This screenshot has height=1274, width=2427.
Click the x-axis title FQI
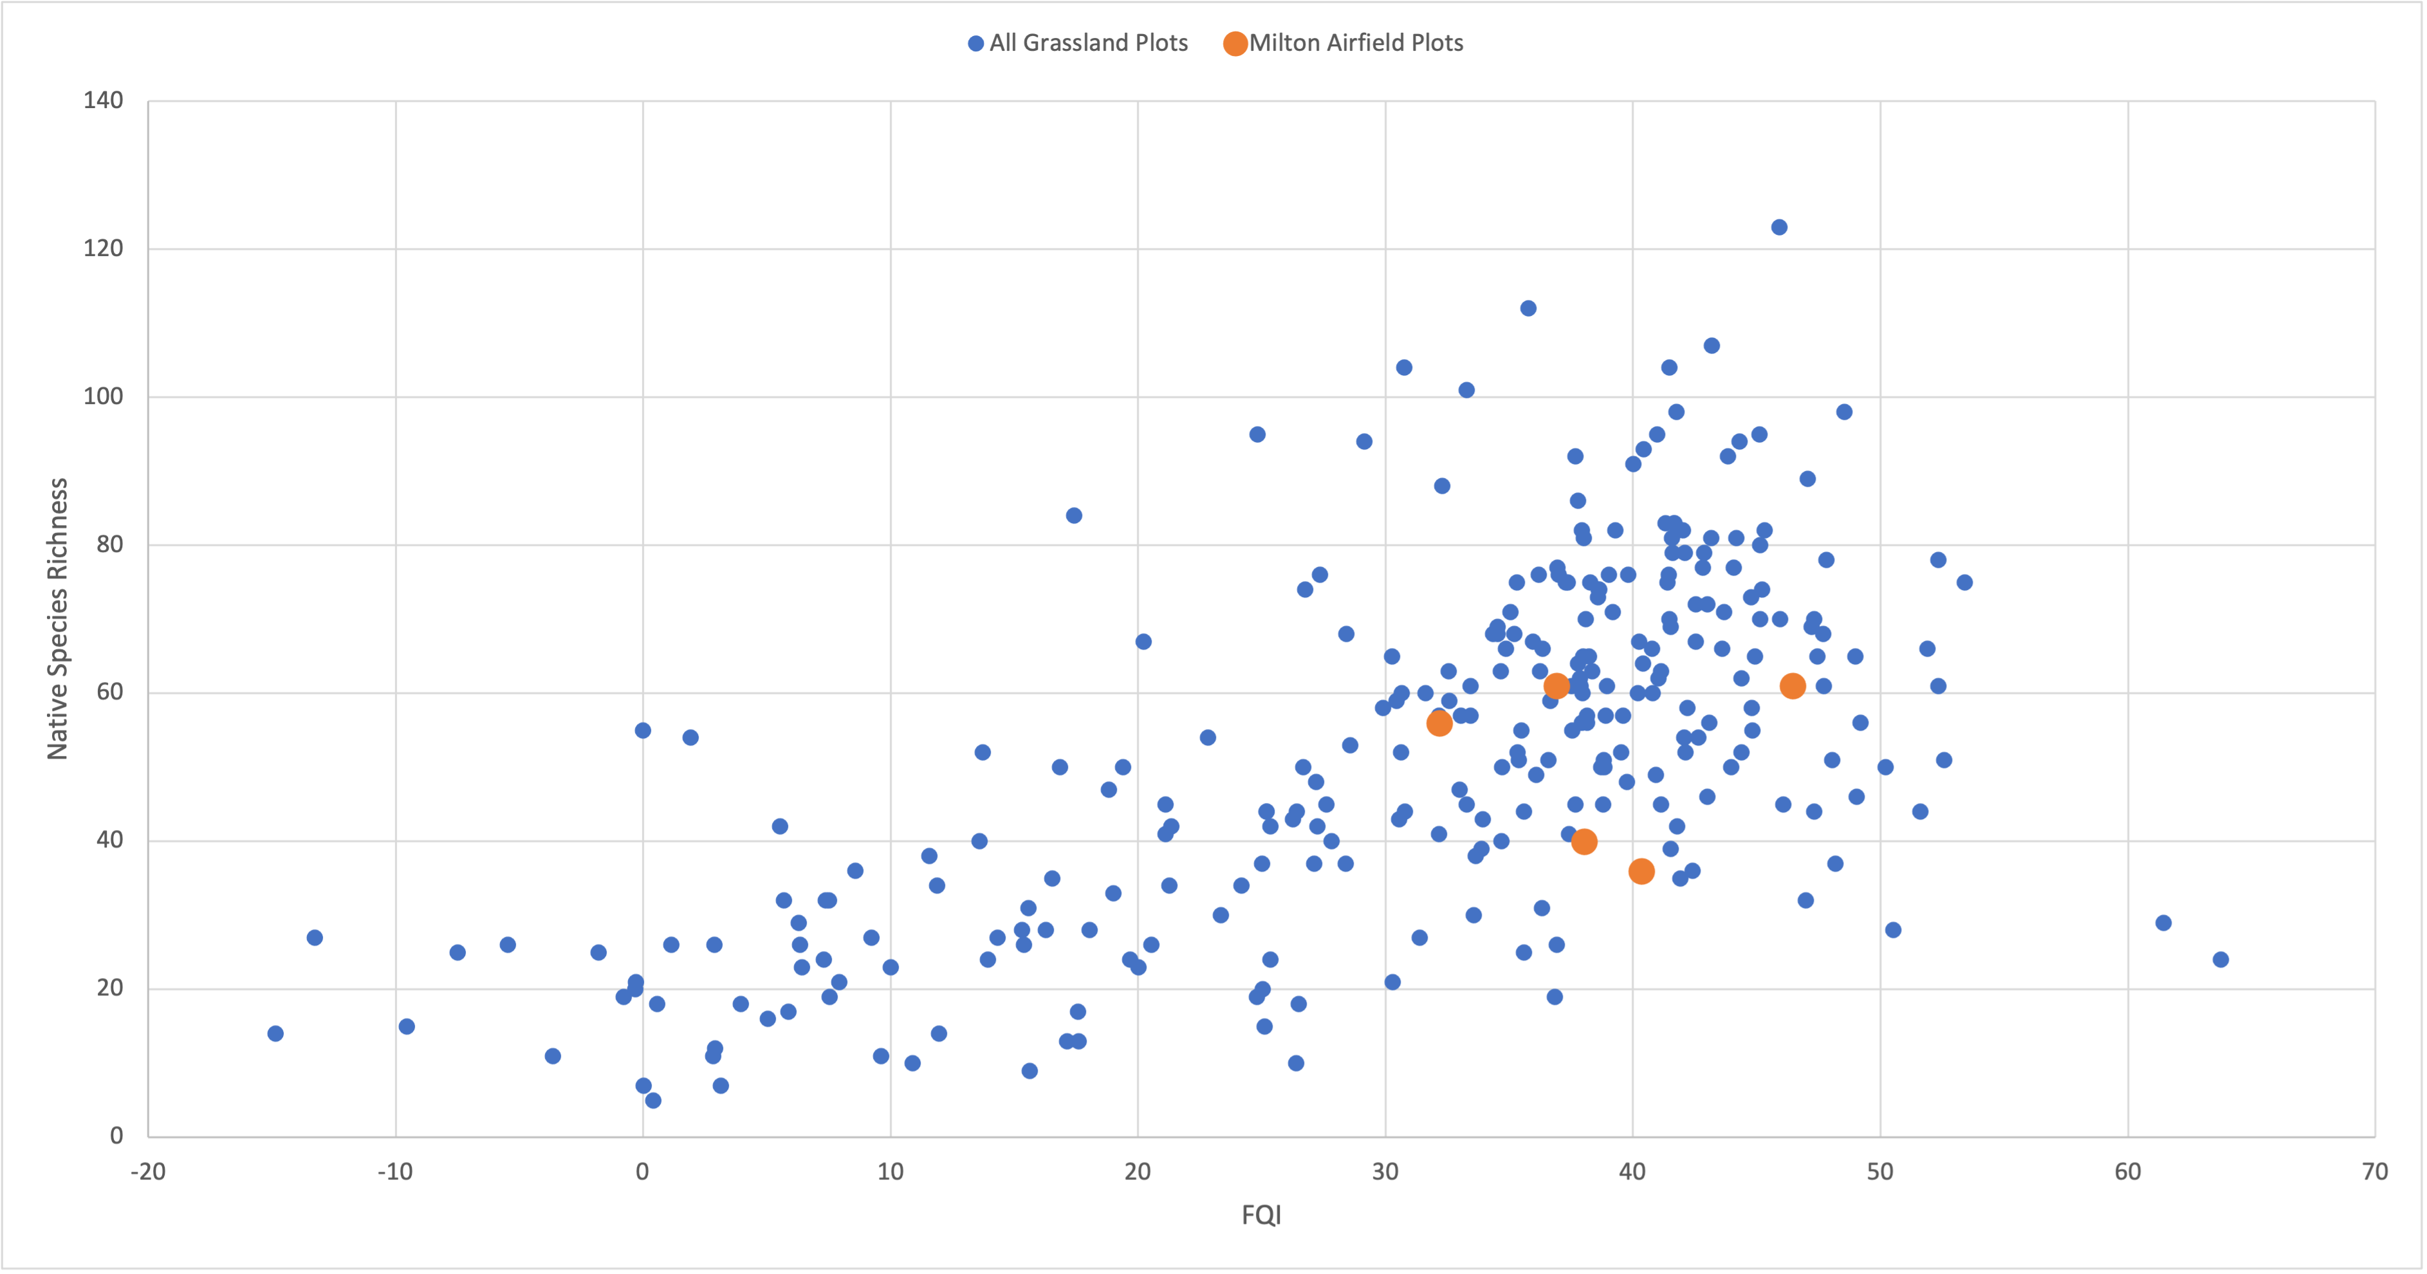[x=1260, y=1215]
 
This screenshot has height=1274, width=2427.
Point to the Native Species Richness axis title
[x=59, y=618]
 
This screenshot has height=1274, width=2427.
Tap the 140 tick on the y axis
[x=103, y=101]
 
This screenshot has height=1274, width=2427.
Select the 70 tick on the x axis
[x=2374, y=1171]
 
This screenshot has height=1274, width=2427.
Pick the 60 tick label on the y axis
[x=109, y=692]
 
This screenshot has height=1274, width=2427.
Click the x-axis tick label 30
[x=1385, y=1171]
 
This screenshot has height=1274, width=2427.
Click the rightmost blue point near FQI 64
[x=2220, y=959]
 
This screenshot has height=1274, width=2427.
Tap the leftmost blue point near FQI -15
[x=275, y=1034]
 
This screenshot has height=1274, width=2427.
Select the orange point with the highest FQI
[x=1792, y=686]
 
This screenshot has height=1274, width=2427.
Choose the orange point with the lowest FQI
[x=1439, y=723]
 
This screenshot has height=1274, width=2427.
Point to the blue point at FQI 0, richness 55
[x=643, y=730]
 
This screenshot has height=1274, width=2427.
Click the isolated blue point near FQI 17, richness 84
[x=1074, y=515]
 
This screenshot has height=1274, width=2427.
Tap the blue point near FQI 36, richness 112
[x=1528, y=308]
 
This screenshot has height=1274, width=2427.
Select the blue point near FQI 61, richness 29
[x=2163, y=923]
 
